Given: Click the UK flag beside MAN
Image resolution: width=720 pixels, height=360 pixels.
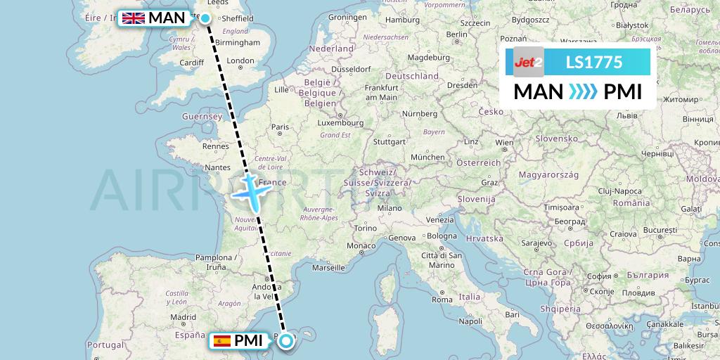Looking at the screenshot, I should pos(133,18).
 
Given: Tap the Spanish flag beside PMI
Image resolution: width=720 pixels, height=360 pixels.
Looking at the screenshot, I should pos(221,341).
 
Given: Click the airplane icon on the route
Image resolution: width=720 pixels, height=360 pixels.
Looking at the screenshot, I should pos(251,189).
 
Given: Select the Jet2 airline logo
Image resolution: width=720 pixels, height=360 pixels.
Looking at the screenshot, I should pos(528,63).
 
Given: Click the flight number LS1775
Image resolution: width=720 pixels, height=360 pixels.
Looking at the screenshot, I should pos(594,63).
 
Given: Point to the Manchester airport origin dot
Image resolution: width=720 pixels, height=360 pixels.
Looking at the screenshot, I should pos(206,19).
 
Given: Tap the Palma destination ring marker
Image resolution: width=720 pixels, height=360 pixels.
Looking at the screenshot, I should pos(287,342).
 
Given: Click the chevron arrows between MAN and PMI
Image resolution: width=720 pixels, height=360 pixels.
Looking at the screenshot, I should pos(583,91).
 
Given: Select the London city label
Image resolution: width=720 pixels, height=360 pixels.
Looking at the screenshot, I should pos(240,61).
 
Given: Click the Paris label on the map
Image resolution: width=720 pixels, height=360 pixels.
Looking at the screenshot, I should pos(281,127).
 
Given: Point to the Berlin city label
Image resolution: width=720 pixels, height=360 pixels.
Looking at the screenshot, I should pos(456,34).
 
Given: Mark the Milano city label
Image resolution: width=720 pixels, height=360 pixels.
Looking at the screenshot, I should pos(389,208).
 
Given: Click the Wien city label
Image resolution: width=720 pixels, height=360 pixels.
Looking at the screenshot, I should pos(504,142).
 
